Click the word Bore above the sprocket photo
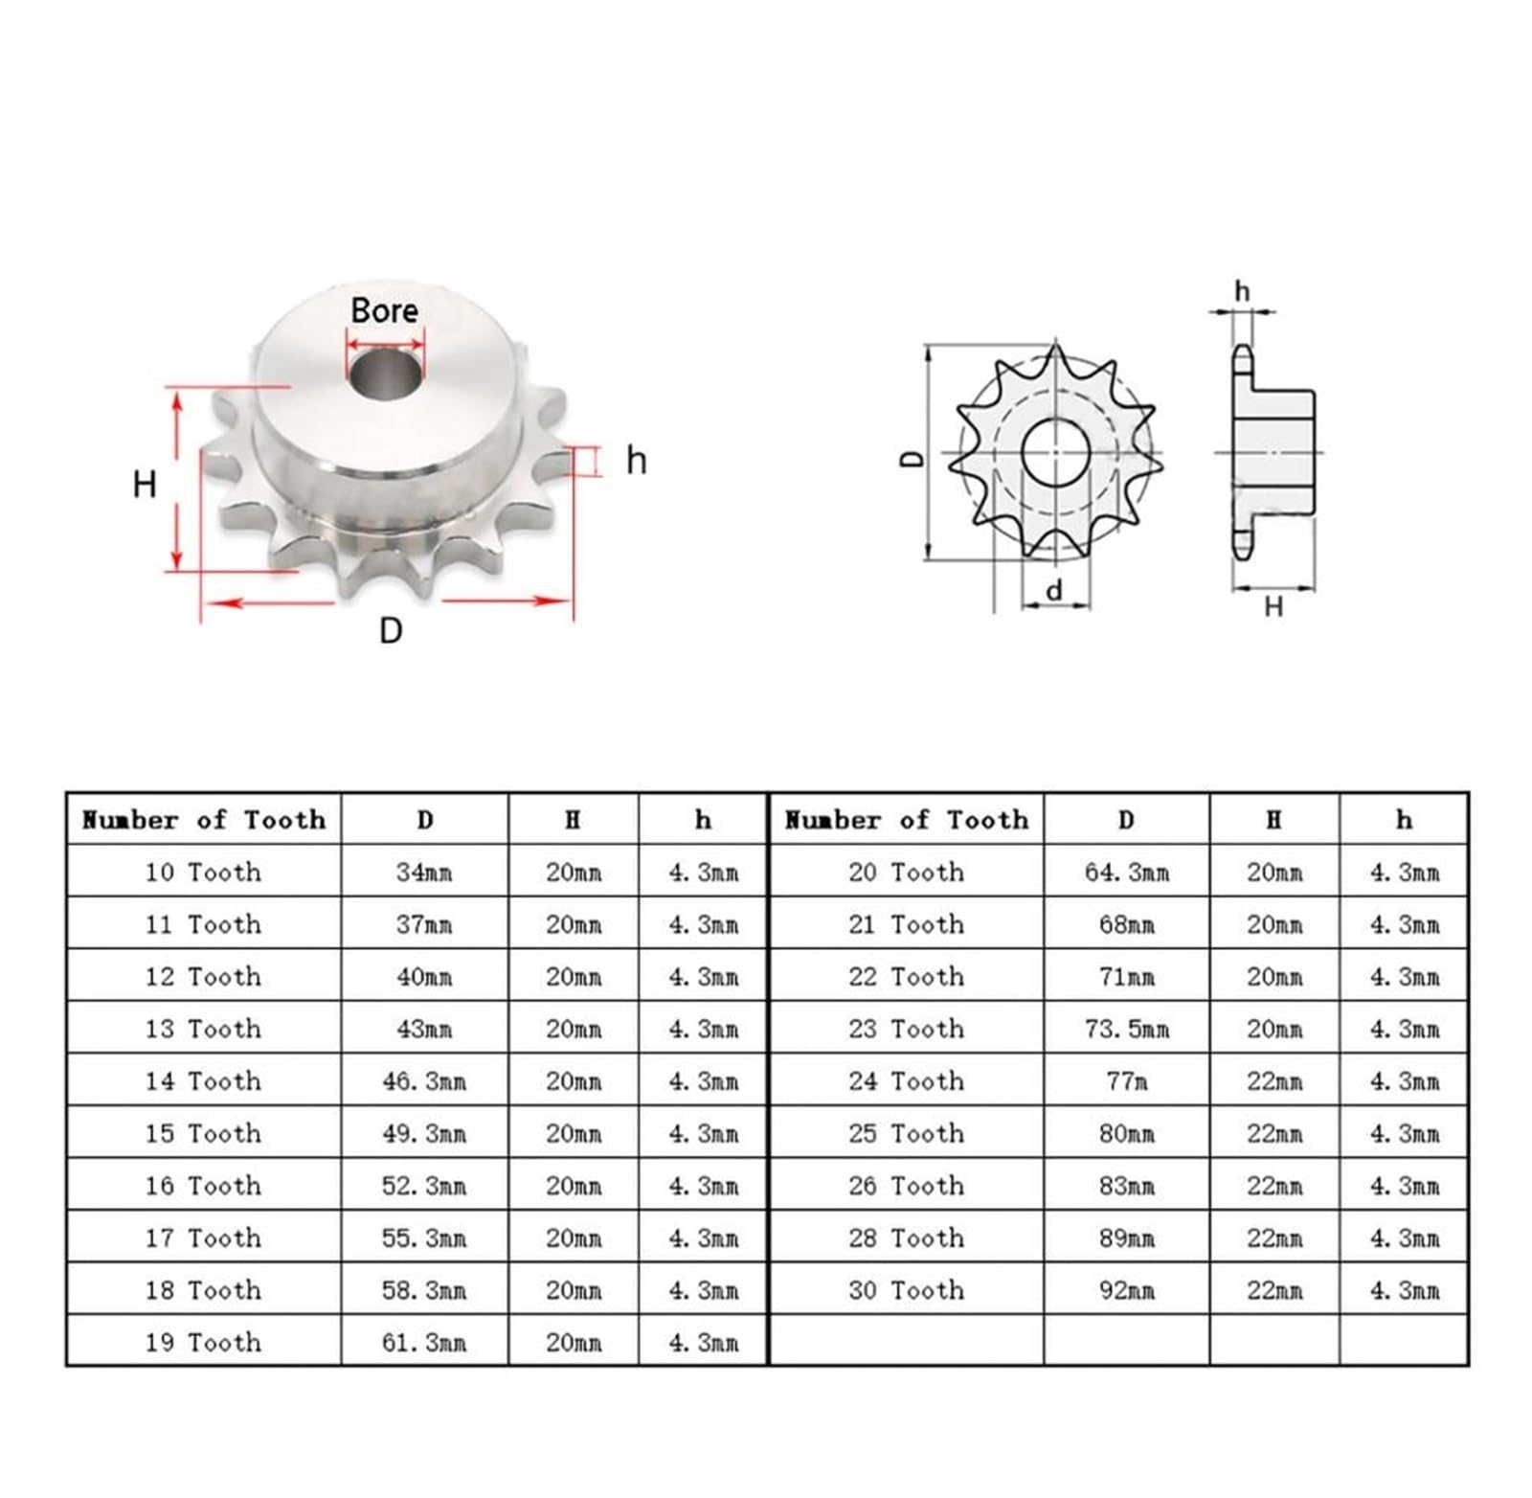(x=384, y=310)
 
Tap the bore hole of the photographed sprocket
(x=385, y=374)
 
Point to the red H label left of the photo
(x=145, y=485)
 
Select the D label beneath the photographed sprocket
(x=391, y=630)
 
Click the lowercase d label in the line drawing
(x=1054, y=591)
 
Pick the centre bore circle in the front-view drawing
(x=1056, y=453)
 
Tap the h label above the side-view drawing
(x=1242, y=290)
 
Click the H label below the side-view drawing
(x=1273, y=606)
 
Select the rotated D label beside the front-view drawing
(x=914, y=459)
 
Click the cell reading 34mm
(x=424, y=873)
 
